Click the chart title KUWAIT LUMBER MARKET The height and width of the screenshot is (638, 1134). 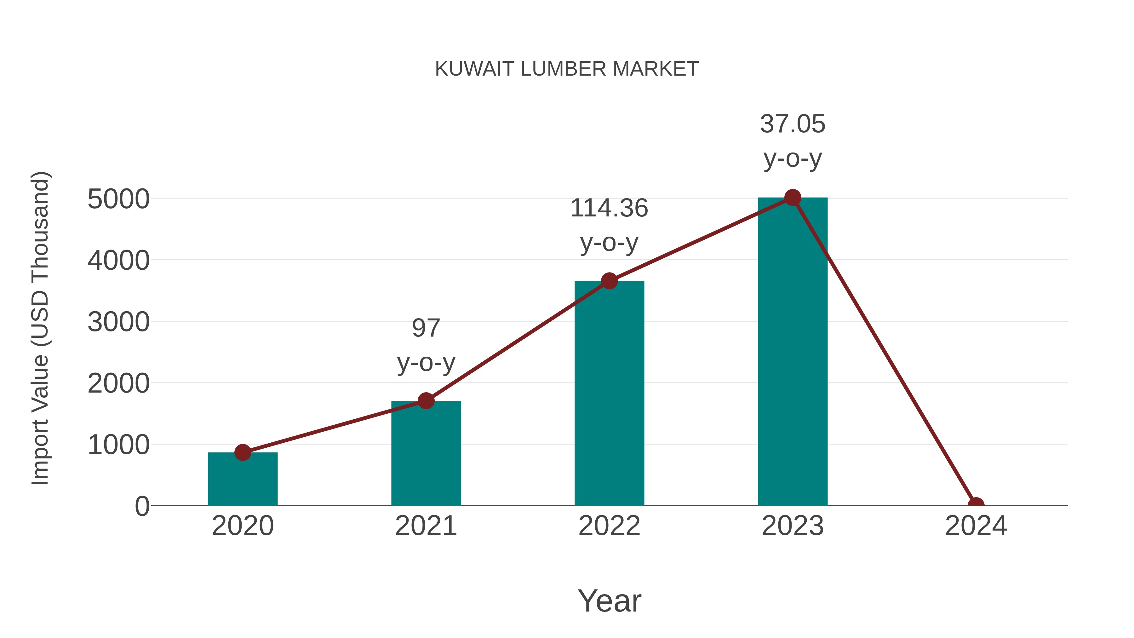click(567, 69)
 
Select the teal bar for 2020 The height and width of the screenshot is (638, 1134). click(243, 480)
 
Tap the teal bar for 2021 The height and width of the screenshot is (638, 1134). click(426, 453)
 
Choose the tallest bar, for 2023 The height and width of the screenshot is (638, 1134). click(793, 352)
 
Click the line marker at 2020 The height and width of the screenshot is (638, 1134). click(243, 452)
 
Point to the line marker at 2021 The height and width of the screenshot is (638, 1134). click(426, 401)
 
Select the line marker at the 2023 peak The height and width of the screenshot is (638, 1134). click(793, 198)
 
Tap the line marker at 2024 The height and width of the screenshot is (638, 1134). click(976, 505)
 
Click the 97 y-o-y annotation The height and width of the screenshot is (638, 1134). click(426, 345)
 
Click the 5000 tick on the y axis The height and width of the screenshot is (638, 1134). click(118, 199)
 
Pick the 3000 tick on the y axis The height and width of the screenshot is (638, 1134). click(118, 322)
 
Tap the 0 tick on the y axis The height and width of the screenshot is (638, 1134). click(142, 506)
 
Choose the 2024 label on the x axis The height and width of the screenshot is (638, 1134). click(976, 526)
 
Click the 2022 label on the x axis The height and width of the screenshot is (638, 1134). click(609, 526)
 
